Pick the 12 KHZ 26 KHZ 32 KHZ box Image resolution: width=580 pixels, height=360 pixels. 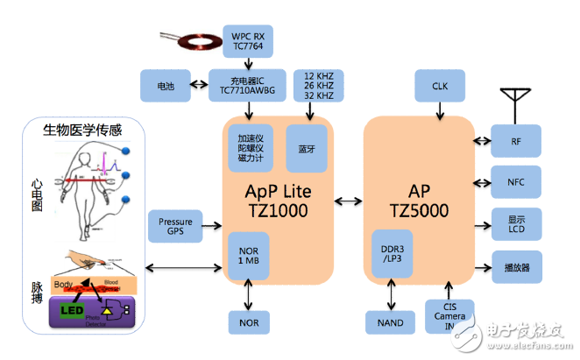click(318, 86)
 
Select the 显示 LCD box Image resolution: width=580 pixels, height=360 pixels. click(516, 223)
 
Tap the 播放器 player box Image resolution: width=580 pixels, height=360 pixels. click(516, 266)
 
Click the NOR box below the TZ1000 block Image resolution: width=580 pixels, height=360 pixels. click(251, 322)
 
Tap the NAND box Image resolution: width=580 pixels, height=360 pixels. click(392, 322)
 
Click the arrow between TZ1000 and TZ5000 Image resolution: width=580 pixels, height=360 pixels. click(348, 202)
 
